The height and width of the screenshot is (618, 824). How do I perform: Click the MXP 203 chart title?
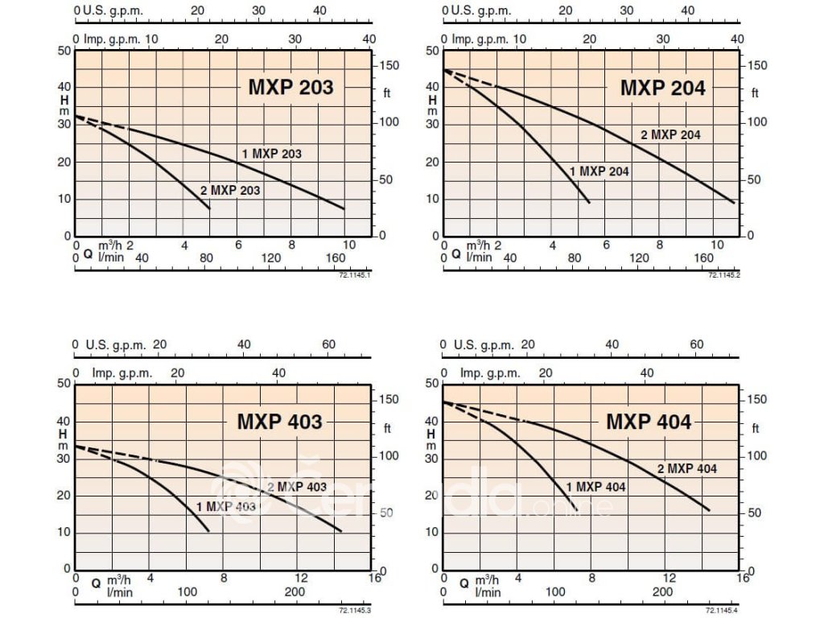(290, 88)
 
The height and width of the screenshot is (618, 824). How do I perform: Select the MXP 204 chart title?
(662, 88)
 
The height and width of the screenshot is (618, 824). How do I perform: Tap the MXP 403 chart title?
(279, 422)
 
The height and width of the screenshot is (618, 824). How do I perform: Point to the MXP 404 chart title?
(649, 422)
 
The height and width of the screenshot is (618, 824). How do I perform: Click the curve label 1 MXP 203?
(272, 153)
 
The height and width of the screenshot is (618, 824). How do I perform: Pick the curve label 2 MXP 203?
(230, 192)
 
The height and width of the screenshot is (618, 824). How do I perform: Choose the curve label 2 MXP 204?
(670, 134)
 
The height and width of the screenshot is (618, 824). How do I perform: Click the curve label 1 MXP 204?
(599, 171)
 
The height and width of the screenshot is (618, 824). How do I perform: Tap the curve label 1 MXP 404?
(595, 487)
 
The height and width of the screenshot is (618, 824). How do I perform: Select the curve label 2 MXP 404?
(686, 468)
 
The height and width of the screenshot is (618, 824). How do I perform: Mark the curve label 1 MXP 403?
(226, 506)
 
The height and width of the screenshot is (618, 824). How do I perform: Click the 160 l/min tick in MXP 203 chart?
(335, 257)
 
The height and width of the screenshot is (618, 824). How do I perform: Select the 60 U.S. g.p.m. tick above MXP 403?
(329, 344)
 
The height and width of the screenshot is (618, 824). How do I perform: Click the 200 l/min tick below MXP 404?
(662, 591)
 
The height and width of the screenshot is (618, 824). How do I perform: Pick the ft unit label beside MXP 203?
(386, 93)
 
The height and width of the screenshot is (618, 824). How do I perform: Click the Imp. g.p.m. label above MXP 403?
(118, 373)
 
